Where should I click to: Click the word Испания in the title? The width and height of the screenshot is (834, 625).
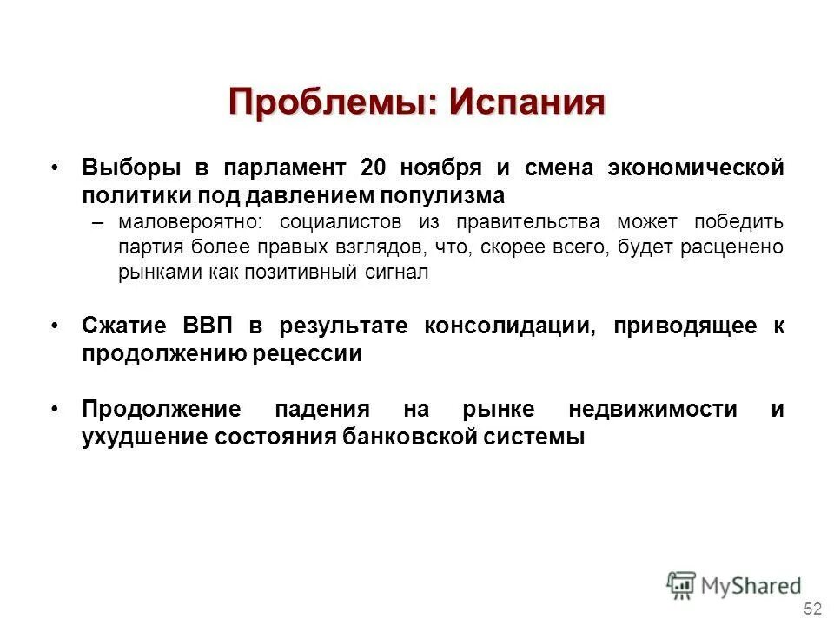pyautogui.click(x=526, y=102)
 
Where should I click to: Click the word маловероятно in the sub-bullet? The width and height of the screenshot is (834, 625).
pyautogui.click(x=196, y=221)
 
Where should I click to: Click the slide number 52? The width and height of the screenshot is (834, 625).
pyautogui.click(x=813, y=607)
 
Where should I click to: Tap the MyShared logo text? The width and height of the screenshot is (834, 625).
pyautogui.click(x=751, y=586)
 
